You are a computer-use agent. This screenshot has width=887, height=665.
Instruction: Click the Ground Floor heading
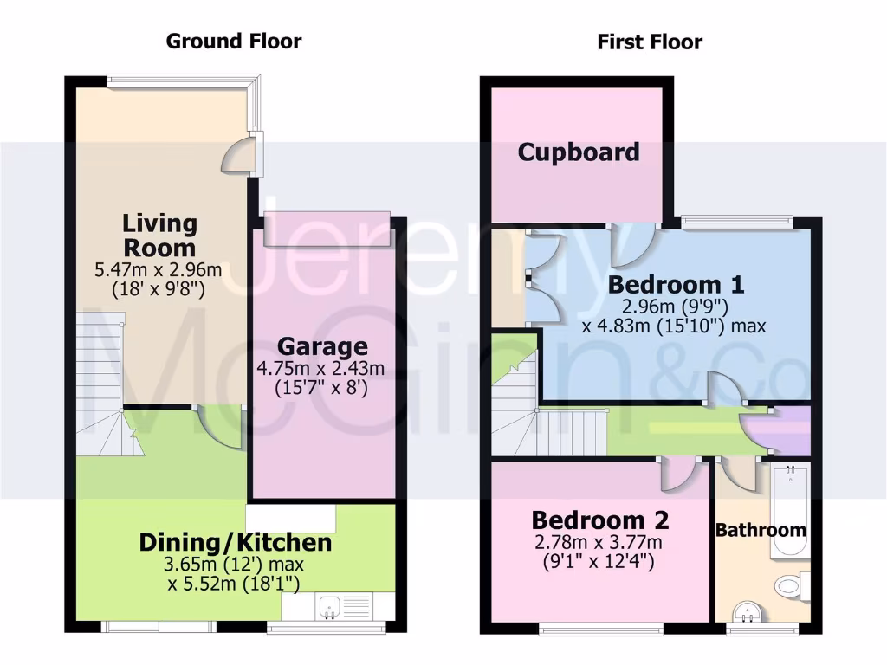(234, 41)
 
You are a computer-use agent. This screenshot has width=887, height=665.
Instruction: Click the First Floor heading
(650, 42)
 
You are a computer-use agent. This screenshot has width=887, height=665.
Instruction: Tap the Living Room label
(159, 236)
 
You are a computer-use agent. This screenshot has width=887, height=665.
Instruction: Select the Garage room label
(322, 347)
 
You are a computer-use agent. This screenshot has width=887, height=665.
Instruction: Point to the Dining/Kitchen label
(236, 543)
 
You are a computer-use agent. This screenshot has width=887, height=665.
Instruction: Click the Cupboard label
(579, 152)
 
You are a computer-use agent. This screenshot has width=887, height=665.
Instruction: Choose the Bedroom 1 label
(676, 284)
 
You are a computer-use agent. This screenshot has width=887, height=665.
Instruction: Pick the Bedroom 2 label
(599, 520)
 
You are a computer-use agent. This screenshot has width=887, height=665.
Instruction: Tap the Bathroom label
(761, 530)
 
